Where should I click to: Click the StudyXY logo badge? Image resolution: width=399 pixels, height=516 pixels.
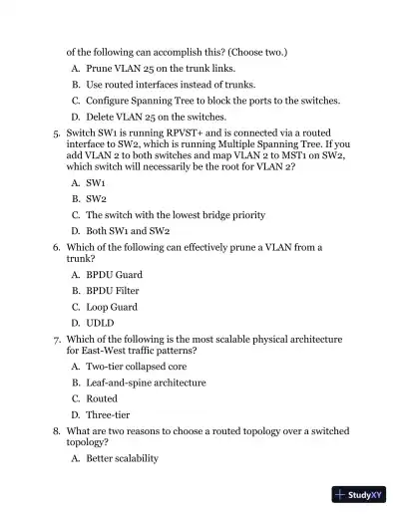pos(358,494)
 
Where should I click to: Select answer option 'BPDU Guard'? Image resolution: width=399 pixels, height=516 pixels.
pos(114,275)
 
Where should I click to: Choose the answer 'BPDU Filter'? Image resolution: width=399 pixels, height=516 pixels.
pos(112,291)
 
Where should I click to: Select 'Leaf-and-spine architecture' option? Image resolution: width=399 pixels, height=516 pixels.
pos(146,383)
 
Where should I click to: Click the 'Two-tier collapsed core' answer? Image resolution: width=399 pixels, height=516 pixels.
pos(140,367)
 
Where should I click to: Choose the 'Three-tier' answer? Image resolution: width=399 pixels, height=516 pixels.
pos(108,414)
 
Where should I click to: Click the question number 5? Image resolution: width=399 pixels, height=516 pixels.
pos(57,131)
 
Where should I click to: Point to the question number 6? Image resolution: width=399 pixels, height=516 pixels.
pos(57,247)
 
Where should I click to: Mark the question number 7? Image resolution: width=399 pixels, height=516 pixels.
pos(57,339)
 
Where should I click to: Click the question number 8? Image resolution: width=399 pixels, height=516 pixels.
pos(57,430)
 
